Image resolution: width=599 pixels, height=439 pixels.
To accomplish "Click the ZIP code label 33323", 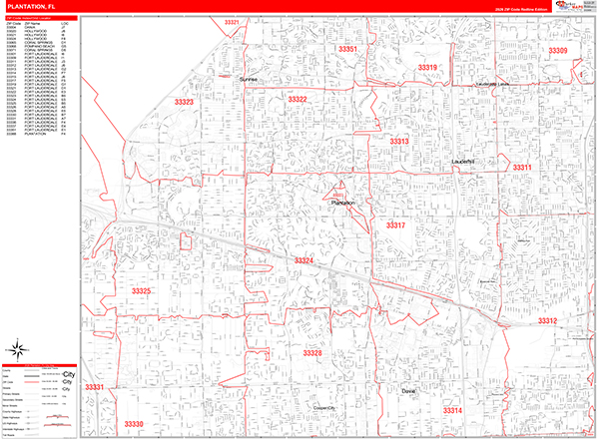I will [x=184, y=102].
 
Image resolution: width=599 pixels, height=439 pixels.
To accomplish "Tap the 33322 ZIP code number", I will [x=298, y=100].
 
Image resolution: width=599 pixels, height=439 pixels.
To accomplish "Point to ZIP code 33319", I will [x=427, y=68].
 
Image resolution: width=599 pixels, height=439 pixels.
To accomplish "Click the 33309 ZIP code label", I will [x=557, y=51].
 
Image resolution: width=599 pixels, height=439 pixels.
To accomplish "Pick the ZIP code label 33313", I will [x=399, y=142].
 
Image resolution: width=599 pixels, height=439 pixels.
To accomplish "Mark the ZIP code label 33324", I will [x=303, y=260].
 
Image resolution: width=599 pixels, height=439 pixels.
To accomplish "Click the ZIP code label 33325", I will [x=141, y=291].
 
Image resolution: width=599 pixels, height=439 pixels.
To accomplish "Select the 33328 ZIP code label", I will [x=312, y=353].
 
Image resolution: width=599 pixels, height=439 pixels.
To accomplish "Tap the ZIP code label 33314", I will [x=453, y=410].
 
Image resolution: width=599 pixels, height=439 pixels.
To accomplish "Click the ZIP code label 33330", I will [x=134, y=424].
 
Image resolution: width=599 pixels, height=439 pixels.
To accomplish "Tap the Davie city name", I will [x=406, y=391].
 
